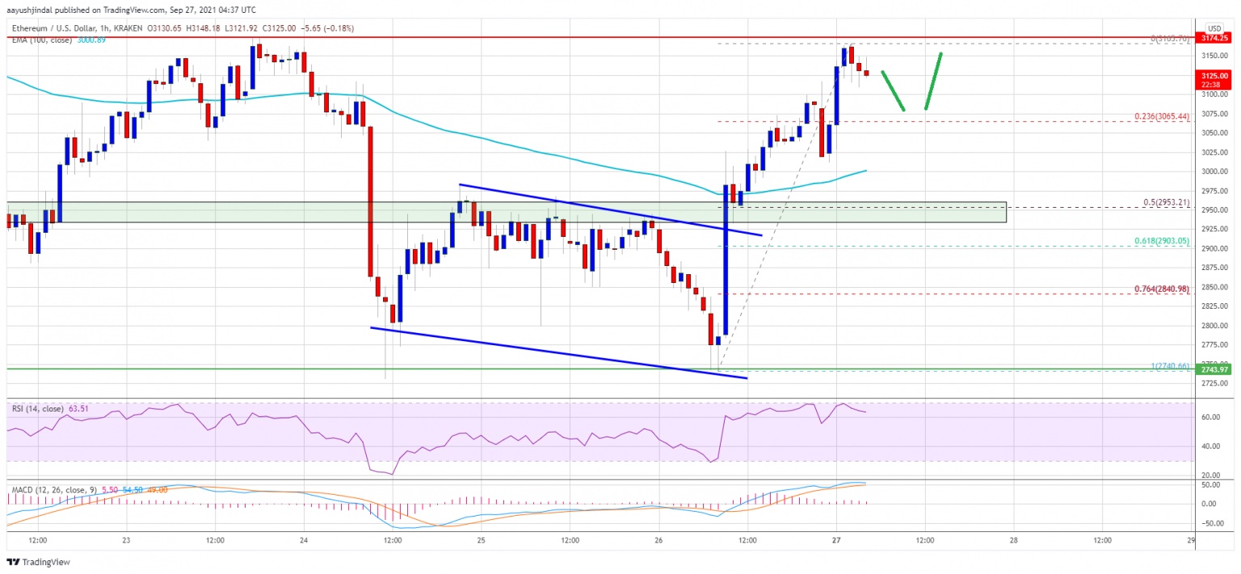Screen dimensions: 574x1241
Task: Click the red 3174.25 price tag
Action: point(1212,37)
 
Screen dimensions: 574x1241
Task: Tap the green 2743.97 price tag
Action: point(1212,369)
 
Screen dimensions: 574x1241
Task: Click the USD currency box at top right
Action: point(1214,27)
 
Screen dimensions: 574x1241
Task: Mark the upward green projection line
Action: point(933,81)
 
